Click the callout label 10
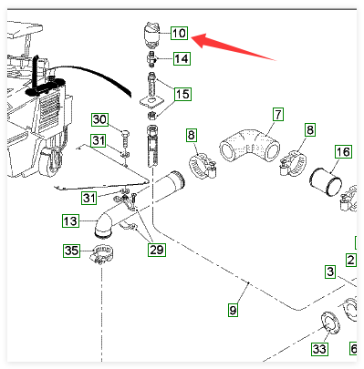pos(180,33)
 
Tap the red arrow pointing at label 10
pos(234,46)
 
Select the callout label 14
pos(182,58)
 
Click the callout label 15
pos(182,94)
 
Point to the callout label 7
pos(278,115)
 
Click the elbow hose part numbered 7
pos(249,145)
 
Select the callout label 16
pos(343,151)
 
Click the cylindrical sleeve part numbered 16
pos(326,181)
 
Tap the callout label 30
pos(100,119)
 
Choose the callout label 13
pos(70,220)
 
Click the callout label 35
pos(72,251)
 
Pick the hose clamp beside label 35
pos(102,254)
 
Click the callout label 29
pos(157,250)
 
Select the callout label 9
pos(233,310)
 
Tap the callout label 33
pos(319,349)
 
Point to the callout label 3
pos(330,272)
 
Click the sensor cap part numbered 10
pos(151,34)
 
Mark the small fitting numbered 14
pos(151,58)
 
